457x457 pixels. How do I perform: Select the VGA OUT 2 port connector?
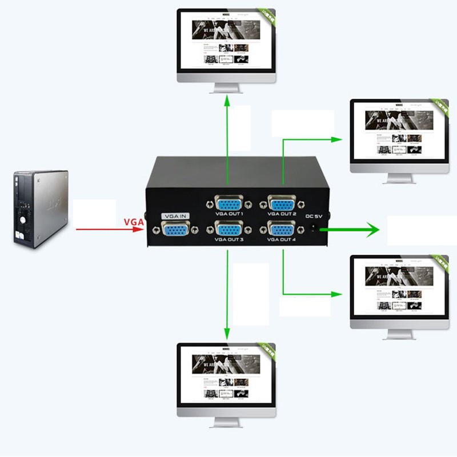[282, 203]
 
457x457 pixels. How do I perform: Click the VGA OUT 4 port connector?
[282, 230]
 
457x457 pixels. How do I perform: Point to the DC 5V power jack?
[313, 230]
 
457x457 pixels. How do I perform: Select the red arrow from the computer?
[109, 230]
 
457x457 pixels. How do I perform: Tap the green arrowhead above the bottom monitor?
[227, 333]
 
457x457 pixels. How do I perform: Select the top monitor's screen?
[226, 43]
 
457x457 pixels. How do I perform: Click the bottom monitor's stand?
[226, 421]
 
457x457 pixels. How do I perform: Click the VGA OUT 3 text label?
[229, 240]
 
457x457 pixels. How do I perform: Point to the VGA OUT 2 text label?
[282, 214]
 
